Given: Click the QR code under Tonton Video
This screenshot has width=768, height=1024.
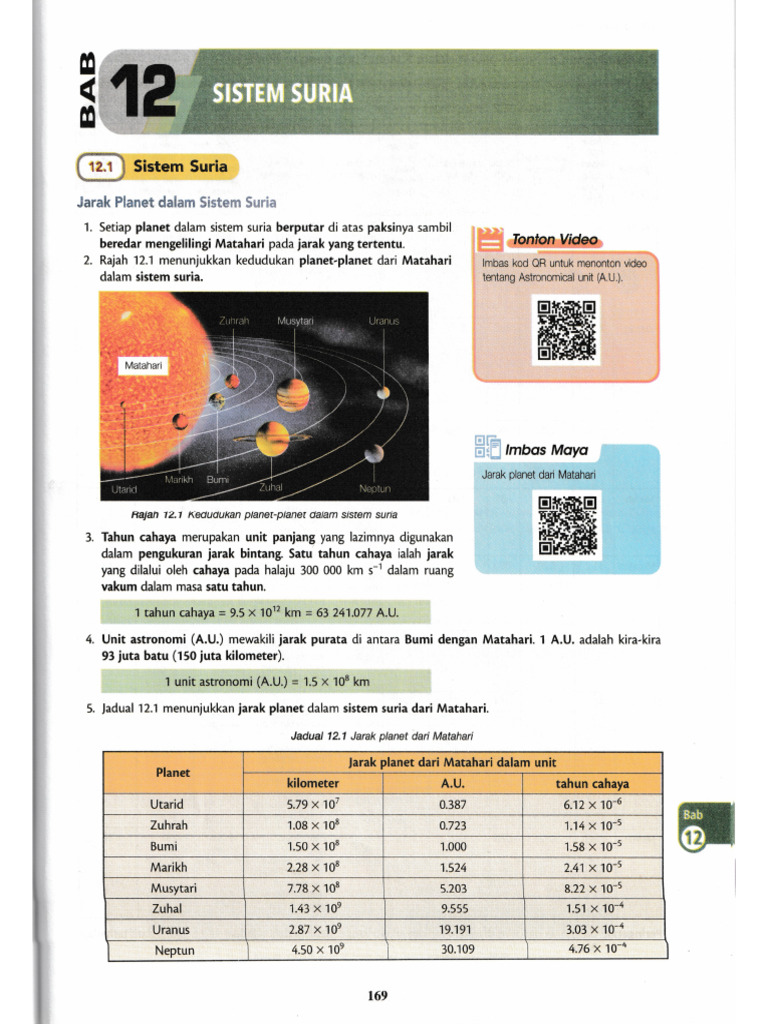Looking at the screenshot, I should point(566,330).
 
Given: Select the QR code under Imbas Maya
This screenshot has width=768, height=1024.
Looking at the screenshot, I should point(566,524).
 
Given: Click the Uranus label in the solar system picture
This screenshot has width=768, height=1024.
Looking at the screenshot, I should point(384,321).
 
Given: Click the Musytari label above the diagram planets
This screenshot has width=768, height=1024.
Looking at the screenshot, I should point(295,321).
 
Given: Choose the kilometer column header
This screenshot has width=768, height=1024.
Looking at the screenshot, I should point(314,783).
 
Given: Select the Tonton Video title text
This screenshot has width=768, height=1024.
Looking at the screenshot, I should point(553,240).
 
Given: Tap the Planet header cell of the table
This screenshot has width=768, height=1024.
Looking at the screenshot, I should point(172,772).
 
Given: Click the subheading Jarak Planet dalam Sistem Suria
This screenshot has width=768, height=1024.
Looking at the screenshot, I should point(176,203).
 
